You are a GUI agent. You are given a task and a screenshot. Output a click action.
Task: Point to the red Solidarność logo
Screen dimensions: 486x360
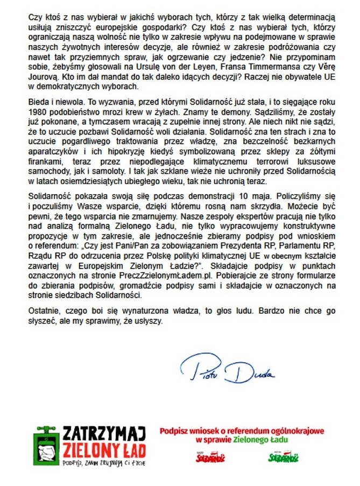[210, 457]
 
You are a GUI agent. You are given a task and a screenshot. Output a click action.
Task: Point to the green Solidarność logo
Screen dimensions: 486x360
[284, 457]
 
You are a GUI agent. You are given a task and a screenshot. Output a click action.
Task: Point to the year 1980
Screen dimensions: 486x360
[37, 112]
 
